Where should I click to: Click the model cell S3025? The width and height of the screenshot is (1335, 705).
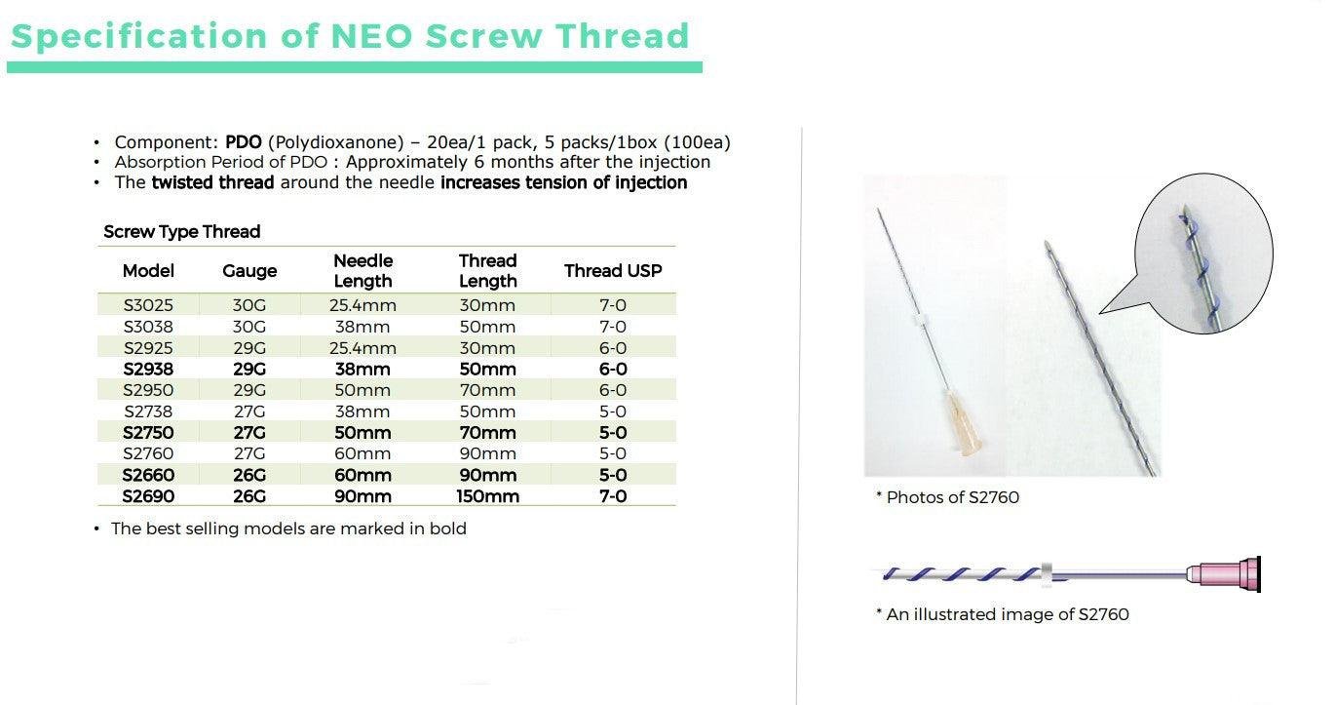coord(148,305)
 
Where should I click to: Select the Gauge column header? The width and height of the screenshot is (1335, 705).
coord(249,271)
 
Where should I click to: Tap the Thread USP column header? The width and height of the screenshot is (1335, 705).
coord(613,271)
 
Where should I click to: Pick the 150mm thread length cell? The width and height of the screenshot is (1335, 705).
coord(487,496)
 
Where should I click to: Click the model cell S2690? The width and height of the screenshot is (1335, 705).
coord(148,496)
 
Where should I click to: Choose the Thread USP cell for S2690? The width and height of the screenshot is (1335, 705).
coord(613,496)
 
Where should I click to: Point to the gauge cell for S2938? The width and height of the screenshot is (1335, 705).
coord(249,370)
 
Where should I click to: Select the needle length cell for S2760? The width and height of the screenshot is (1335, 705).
coord(362,453)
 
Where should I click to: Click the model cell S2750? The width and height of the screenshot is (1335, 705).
coord(148,433)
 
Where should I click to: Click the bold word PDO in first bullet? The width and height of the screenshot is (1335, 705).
coord(243,142)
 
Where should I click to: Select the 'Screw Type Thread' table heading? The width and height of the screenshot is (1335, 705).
coord(182,232)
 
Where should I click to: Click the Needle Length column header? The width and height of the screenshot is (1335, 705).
coord(362,271)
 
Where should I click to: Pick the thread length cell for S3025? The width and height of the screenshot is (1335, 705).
coord(487,305)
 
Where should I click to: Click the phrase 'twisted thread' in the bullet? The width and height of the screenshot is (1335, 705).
coord(212,182)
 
